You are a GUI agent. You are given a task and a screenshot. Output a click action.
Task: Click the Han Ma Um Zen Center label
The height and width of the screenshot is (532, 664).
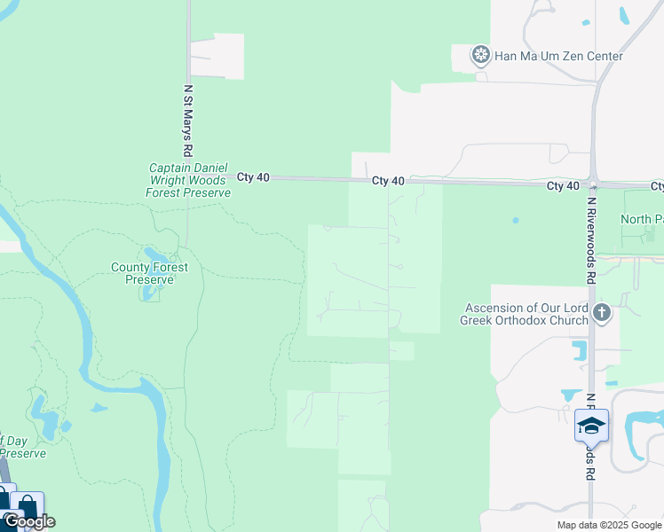click(559, 56)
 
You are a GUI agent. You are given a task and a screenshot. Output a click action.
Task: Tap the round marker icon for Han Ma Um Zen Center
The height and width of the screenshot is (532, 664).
click(481, 56)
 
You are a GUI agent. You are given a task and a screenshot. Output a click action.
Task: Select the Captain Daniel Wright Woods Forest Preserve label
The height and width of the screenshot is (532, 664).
click(189, 180)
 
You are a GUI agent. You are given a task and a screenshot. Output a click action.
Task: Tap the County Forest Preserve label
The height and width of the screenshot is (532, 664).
click(143, 273)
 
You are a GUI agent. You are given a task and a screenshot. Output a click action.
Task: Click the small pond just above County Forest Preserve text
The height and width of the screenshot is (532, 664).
click(154, 256)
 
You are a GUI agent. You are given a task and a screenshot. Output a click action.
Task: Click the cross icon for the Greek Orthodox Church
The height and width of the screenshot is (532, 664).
click(602, 312)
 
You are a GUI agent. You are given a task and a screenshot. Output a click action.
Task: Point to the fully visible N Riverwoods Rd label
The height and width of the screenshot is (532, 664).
click(590, 240)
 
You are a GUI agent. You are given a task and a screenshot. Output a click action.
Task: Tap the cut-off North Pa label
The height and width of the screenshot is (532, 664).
click(641, 219)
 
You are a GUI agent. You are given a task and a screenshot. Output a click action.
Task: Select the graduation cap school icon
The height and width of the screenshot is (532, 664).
click(591, 426)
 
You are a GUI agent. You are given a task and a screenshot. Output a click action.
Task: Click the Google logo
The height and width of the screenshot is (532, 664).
click(29, 521)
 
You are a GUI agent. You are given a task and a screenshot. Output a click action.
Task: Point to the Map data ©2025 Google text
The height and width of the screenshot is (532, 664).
click(610, 525)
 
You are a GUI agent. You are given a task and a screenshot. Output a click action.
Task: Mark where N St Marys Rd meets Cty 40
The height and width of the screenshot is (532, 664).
click(188, 177)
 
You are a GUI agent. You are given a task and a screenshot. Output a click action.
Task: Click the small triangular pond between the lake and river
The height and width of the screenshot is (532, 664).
click(99, 409)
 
